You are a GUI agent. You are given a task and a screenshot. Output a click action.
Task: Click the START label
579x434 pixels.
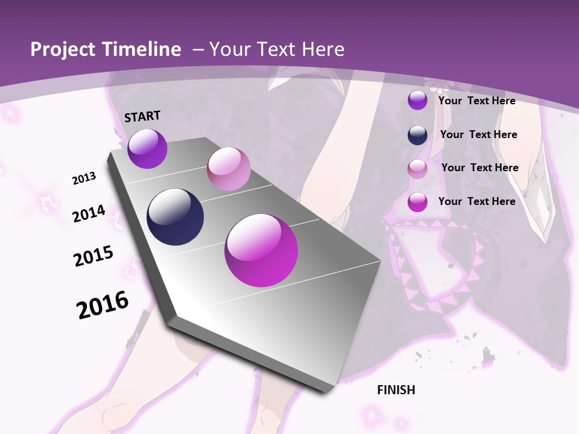click(142, 116)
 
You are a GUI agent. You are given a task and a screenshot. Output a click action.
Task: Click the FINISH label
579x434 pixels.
click(396, 390)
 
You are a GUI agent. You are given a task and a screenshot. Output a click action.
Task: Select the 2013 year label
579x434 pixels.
click(84, 178)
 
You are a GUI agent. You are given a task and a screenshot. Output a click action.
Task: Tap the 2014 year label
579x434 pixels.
click(89, 213)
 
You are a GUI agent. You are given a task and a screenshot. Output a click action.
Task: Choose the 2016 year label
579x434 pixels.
click(103, 305)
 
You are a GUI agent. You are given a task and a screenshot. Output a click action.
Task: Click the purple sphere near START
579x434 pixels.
click(147, 149)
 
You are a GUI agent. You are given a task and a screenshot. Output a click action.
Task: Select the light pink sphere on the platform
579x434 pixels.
click(229, 169)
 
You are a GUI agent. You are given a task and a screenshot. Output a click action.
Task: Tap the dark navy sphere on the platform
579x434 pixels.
click(175, 217)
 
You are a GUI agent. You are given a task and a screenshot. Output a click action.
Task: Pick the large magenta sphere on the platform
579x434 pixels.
click(261, 250)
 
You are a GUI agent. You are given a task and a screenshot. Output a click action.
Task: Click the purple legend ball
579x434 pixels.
click(417, 101)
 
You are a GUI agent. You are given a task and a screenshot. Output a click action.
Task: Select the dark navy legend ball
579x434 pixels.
click(417, 135)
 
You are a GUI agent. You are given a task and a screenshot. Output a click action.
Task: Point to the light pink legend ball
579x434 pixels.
click(417, 169)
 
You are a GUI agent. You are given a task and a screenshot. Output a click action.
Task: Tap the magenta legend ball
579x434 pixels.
click(417, 203)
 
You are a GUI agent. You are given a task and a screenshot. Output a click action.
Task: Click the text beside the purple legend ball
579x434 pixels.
click(476, 101)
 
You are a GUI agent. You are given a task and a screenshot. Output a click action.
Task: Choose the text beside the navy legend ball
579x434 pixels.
click(478, 134)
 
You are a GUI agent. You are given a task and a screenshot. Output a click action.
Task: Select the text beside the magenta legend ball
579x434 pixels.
click(476, 201)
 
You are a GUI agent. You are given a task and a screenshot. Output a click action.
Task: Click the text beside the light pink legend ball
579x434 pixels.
click(479, 168)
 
